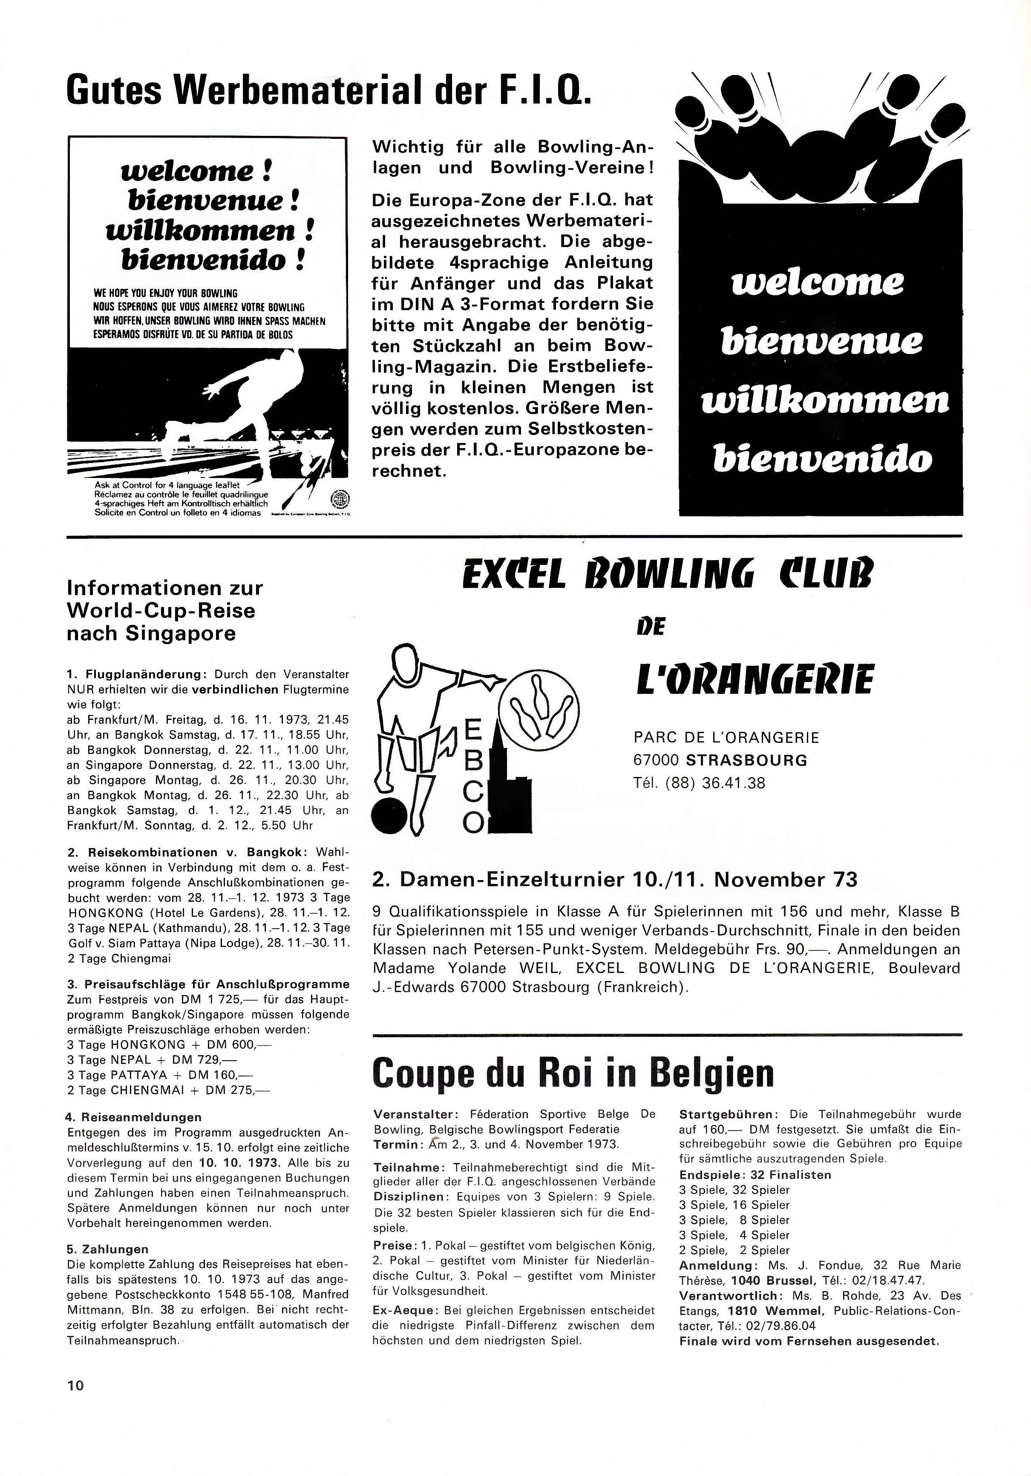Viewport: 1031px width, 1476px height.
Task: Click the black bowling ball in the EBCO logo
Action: (389, 816)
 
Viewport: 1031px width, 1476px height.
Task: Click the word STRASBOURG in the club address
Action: (746, 760)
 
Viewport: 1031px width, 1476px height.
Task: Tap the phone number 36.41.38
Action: (734, 783)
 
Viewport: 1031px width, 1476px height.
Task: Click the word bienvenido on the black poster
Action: (823, 458)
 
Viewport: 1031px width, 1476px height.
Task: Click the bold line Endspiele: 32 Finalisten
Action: (755, 1174)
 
